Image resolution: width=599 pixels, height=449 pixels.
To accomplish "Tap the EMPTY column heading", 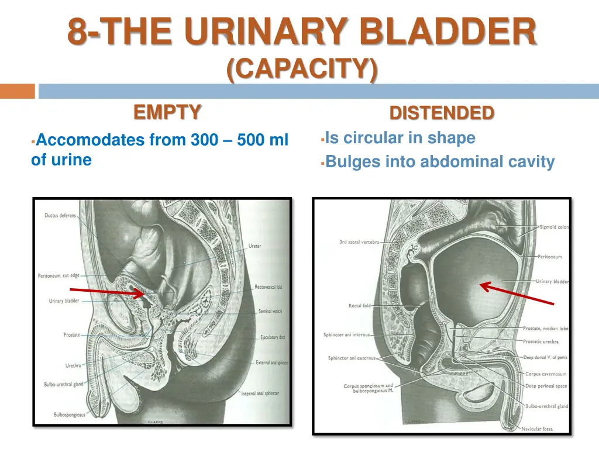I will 168,111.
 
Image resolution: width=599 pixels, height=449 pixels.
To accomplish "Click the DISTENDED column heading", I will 442,112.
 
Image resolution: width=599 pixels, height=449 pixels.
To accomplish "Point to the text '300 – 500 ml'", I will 239,140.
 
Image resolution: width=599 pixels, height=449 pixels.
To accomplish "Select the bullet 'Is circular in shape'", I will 400,138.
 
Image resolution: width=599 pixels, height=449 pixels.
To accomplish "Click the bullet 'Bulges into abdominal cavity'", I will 439,161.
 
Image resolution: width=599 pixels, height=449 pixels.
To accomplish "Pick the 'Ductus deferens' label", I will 60,215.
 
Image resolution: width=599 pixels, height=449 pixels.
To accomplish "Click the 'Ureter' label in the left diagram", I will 254,246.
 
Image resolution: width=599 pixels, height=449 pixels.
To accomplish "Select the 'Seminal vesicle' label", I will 270,311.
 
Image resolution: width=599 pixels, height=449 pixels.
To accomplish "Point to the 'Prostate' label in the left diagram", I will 72,335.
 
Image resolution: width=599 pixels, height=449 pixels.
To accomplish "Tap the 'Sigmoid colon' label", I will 553,227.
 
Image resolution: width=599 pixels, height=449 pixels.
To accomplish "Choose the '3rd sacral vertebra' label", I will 359,242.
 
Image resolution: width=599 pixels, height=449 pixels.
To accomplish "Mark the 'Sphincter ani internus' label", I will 346,335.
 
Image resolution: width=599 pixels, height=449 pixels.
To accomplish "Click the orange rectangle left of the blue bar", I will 18,91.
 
